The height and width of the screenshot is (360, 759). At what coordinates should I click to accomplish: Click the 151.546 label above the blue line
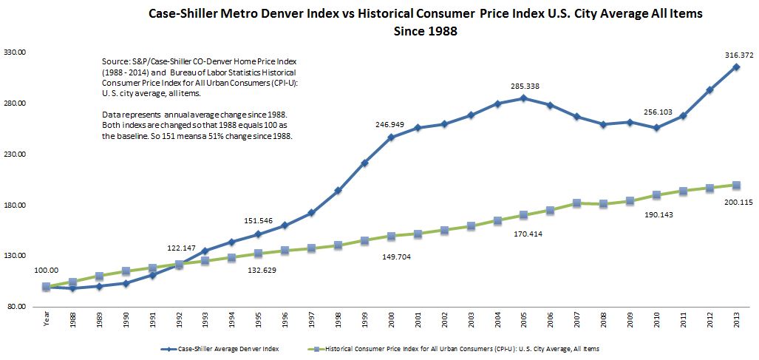(256, 220)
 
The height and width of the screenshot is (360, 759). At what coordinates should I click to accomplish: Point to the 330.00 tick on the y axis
(16, 53)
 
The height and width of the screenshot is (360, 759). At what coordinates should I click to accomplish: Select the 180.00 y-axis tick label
(16, 206)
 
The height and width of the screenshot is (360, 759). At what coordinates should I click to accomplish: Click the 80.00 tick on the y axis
(18, 307)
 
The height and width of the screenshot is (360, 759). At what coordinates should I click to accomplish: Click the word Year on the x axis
(46, 322)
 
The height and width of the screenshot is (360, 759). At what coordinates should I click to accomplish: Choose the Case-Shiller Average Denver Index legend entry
(217, 347)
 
